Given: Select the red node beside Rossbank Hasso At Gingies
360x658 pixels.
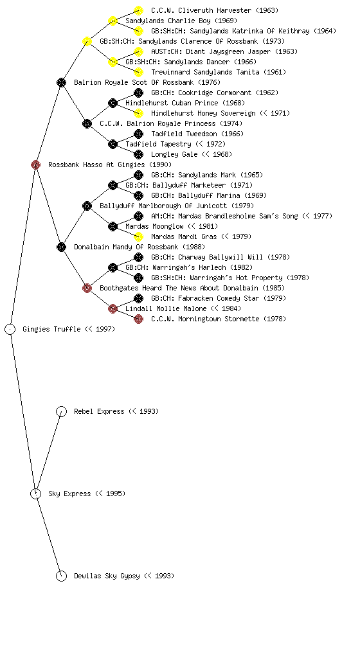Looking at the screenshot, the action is (x=35, y=164).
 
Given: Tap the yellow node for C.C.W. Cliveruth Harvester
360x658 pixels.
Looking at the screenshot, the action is (x=138, y=10).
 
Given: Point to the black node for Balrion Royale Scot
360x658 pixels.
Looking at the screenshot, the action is (x=61, y=82).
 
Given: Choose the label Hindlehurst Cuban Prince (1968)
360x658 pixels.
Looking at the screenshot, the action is (x=185, y=103).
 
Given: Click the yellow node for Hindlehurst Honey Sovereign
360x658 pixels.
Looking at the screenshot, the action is (x=138, y=113).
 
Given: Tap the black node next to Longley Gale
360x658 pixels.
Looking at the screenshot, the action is (x=138, y=154).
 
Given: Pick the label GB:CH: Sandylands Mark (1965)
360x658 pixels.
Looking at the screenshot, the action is (x=207, y=175).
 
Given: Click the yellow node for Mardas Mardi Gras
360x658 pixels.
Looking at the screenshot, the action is (x=138, y=236).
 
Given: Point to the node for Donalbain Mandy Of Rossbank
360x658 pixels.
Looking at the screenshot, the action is (x=61, y=247).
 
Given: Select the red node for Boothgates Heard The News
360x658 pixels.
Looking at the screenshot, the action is (x=87, y=288).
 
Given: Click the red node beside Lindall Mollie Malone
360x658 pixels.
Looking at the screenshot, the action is (x=113, y=308).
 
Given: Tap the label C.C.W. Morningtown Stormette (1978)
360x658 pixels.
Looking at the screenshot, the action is (x=219, y=319).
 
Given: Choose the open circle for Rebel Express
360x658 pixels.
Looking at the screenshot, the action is (x=61, y=411).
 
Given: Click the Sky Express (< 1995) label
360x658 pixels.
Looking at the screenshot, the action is (x=87, y=493).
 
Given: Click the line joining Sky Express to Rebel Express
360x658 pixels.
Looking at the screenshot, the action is (x=49, y=452).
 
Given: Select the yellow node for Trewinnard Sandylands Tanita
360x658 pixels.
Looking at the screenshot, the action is (x=138, y=72).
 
